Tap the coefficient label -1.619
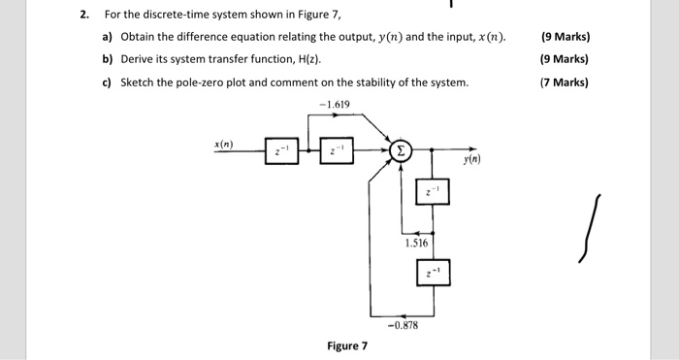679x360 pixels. pos(333,105)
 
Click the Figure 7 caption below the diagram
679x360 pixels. pos(346,345)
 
